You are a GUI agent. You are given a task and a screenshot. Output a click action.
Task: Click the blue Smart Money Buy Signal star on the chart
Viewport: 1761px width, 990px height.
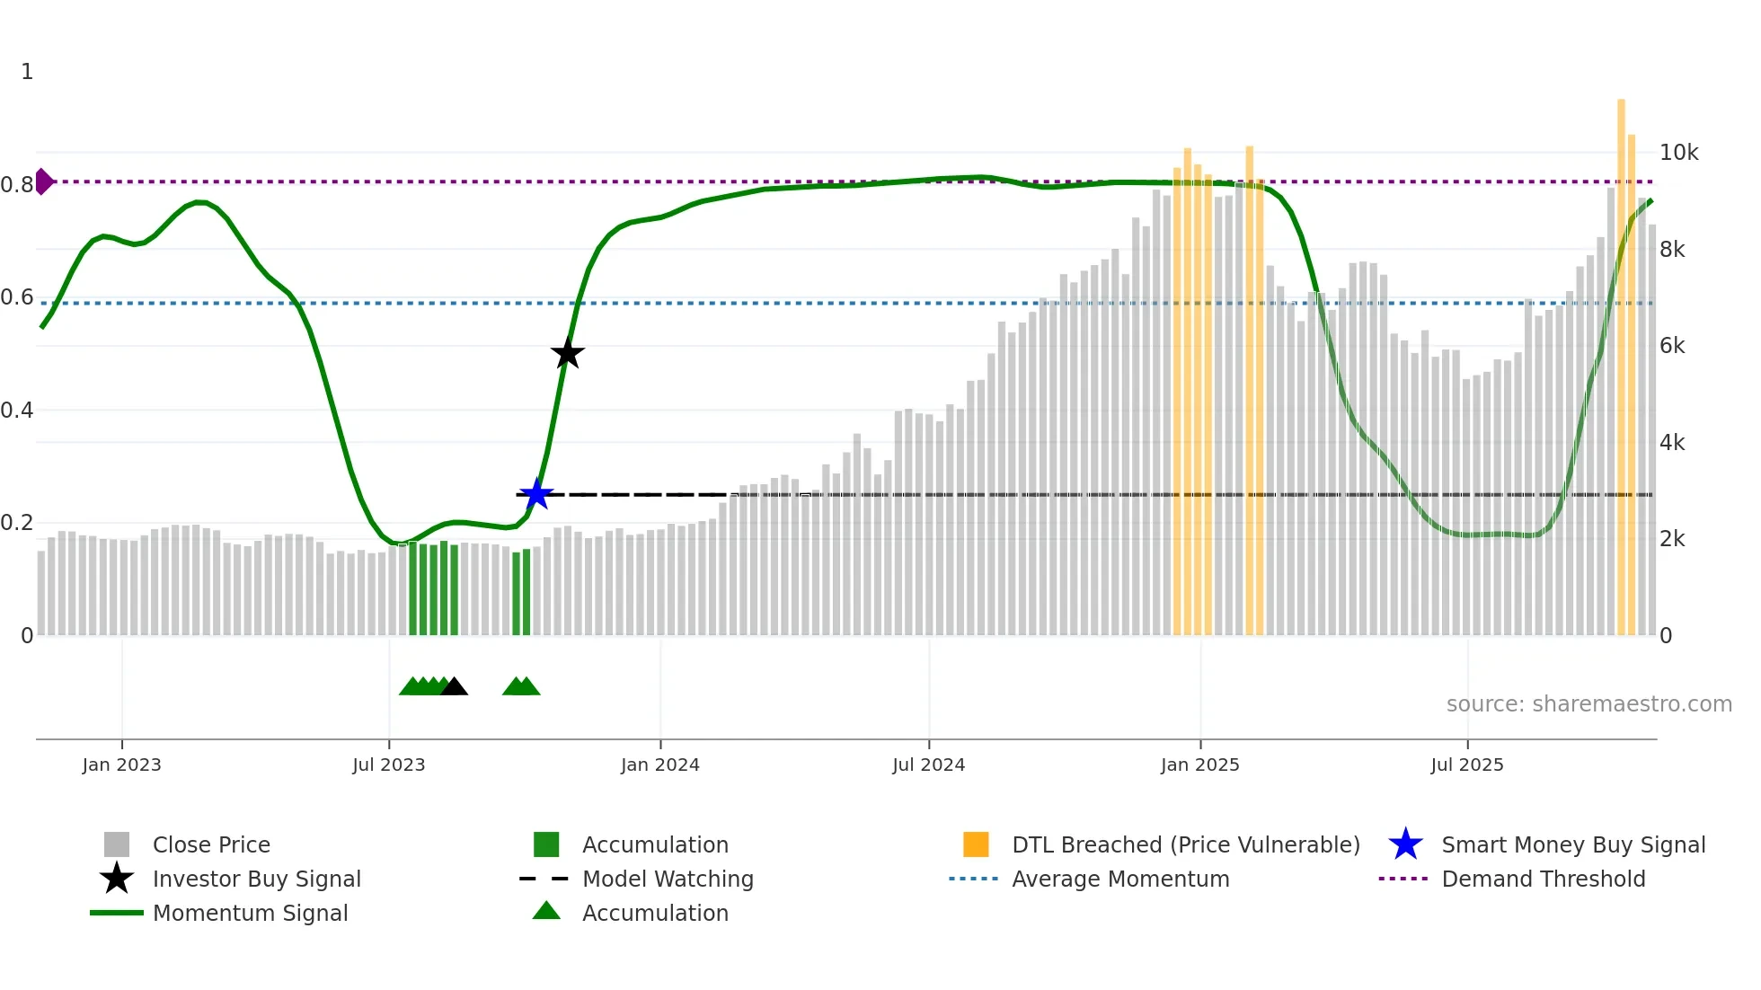pyautogui.click(x=536, y=493)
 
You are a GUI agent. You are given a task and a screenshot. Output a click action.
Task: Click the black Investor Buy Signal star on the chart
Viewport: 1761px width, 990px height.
pyautogui.click(x=567, y=353)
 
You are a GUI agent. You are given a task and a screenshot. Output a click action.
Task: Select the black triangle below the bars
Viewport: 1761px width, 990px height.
pyautogui.click(x=454, y=687)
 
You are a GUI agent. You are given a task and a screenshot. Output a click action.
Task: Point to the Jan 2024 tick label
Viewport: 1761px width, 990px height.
pyautogui.click(x=659, y=765)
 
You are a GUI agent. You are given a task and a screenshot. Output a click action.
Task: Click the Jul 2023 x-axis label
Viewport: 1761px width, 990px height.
pyautogui.click(x=388, y=765)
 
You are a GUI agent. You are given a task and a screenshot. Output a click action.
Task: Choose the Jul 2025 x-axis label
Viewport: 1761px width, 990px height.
pyautogui.click(x=1466, y=765)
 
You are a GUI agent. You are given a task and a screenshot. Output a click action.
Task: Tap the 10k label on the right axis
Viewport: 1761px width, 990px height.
pyautogui.click(x=1678, y=153)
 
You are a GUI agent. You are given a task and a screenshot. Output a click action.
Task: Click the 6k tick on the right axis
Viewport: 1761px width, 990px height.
pyautogui.click(x=1672, y=346)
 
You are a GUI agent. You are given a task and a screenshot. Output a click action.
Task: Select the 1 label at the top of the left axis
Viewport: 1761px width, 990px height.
pyautogui.click(x=27, y=72)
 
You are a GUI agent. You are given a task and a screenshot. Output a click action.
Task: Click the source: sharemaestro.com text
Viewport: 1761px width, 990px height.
pyautogui.click(x=1588, y=704)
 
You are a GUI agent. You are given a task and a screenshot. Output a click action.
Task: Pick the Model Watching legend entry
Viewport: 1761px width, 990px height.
pyautogui.click(x=668, y=879)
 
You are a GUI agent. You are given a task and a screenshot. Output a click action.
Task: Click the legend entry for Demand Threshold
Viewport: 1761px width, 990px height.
pyautogui.click(x=1543, y=879)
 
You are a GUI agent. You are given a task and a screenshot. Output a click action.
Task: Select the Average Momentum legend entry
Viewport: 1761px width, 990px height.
pyautogui.click(x=1120, y=879)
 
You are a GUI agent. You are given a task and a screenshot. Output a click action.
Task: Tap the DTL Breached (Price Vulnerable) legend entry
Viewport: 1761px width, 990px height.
pyautogui.click(x=1185, y=844)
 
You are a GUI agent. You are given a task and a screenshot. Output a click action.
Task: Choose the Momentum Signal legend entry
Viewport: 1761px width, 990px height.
pyautogui.click(x=250, y=913)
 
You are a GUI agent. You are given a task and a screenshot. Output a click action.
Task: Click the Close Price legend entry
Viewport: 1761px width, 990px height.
pyautogui.click(x=211, y=844)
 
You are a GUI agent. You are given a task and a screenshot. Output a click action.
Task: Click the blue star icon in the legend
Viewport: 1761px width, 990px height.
pyautogui.click(x=1405, y=844)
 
